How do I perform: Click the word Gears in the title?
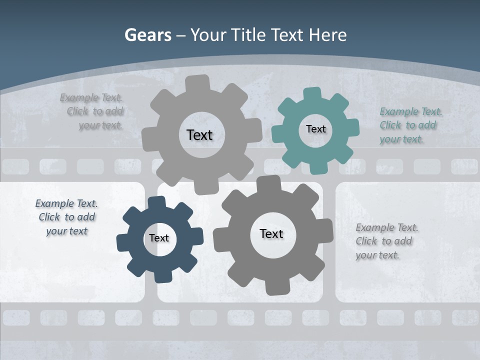click(x=148, y=35)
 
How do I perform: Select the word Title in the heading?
click(x=248, y=35)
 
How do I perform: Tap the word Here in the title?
click(x=327, y=35)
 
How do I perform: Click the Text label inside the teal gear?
click(x=315, y=129)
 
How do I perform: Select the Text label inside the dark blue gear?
click(x=159, y=238)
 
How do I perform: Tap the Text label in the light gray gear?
click(x=199, y=135)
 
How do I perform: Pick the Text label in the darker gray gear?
click(x=271, y=233)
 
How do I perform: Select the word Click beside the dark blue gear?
click(x=49, y=217)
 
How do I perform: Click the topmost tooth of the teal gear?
click(x=312, y=94)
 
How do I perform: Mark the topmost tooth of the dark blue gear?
click(x=157, y=202)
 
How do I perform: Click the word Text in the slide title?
click(x=288, y=35)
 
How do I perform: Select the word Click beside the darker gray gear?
click(x=366, y=241)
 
